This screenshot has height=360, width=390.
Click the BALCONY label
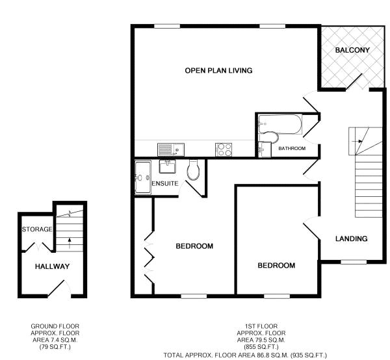click(352, 50)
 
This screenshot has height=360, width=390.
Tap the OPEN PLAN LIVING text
click(218, 71)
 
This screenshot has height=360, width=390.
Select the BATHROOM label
click(292, 148)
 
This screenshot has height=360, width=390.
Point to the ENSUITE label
click(165, 183)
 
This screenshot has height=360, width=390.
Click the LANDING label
click(351, 238)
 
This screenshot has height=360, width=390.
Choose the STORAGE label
click(37, 229)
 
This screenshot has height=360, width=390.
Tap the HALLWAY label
click(52, 266)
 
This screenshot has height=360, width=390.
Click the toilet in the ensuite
click(193, 169)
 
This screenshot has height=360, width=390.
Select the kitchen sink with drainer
click(171, 149)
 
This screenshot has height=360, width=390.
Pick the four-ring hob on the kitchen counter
click(224, 149)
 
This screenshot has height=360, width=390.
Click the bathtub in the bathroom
click(280, 124)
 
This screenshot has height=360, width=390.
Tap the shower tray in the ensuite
click(143, 177)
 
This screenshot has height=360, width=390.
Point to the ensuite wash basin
click(168, 166)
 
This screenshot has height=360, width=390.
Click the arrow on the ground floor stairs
click(70, 243)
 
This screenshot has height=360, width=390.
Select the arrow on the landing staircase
click(357, 141)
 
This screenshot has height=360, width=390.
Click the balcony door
click(354, 81)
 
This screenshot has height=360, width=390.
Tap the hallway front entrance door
click(56, 289)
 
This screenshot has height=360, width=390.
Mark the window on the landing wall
click(353, 261)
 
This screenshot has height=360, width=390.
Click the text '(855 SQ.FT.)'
click(261, 346)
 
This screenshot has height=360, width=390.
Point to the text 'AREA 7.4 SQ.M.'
click(55, 340)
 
